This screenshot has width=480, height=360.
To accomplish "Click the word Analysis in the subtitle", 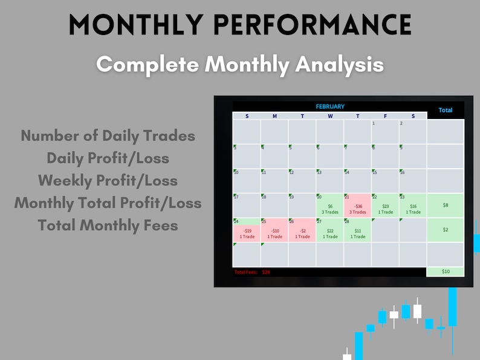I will pyautogui.click(x=339, y=64).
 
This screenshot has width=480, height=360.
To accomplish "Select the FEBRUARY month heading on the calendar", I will pyautogui.click(x=330, y=106).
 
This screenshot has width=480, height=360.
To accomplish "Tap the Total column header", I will pyautogui.click(x=445, y=110).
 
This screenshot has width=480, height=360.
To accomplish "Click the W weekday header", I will pyautogui.click(x=330, y=116).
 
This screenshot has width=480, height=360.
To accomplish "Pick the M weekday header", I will pyautogui.click(x=274, y=116).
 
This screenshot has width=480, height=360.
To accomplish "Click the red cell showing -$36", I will pyautogui.click(x=358, y=205).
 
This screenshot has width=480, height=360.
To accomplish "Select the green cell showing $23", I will pyautogui.click(x=385, y=205).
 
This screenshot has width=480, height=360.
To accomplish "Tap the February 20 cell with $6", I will pyautogui.click(x=330, y=205).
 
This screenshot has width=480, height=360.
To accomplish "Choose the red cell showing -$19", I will pyautogui.click(x=247, y=230).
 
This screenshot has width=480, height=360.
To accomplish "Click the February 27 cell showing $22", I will pyautogui.click(x=330, y=230).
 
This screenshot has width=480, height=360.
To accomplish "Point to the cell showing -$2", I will pyautogui.click(x=302, y=230).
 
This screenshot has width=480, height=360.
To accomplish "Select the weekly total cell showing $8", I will pyautogui.click(x=445, y=205).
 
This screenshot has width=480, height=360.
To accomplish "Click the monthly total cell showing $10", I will pyautogui.click(x=445, y=272).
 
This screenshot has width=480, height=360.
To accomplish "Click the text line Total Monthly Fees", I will pyautogui.click(x=108, y=225).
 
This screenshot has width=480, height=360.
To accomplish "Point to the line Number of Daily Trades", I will pyautogui.click(x=108, y=135).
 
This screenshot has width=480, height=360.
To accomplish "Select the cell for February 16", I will pyautogui.click(x=413, y=180).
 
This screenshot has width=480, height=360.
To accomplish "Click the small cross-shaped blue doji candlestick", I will pyautogui.click(x=441, y=328).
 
